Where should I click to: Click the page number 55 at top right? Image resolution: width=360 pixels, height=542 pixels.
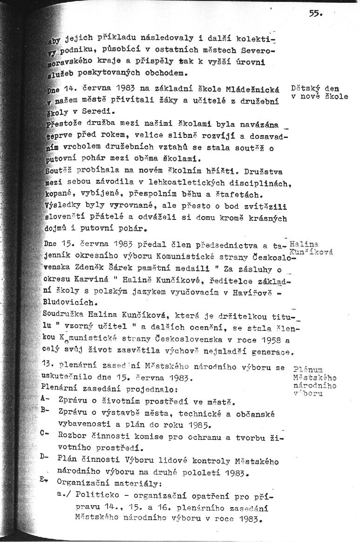[315, 14]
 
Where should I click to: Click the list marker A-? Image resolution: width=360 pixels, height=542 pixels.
[45, 399]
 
